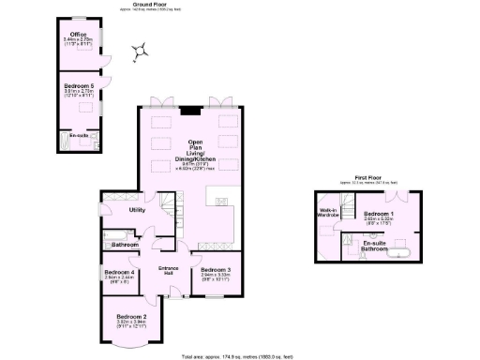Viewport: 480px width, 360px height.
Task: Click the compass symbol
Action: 140,51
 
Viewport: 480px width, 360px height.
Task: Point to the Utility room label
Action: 137,211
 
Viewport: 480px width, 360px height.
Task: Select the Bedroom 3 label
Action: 209,271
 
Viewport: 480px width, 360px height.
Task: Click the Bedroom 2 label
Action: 131,316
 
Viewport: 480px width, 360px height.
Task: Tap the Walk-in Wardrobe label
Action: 329,212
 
